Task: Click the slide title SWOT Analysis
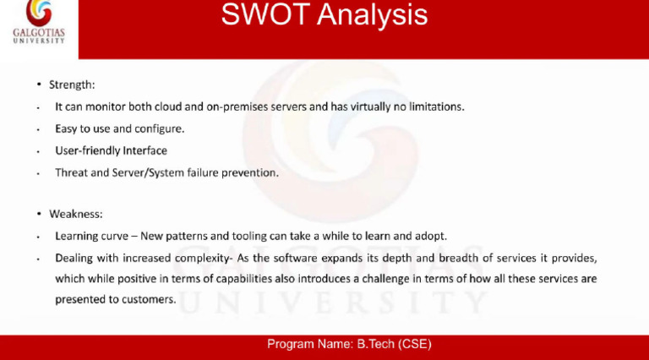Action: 324,14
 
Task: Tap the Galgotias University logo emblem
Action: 38,14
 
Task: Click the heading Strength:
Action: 72,85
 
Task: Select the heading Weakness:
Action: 76,214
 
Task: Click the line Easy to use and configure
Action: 119,129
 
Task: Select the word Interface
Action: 145,151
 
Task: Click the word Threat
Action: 72,172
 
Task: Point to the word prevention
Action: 248,172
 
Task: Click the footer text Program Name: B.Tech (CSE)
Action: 349,345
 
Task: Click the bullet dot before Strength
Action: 39,85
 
